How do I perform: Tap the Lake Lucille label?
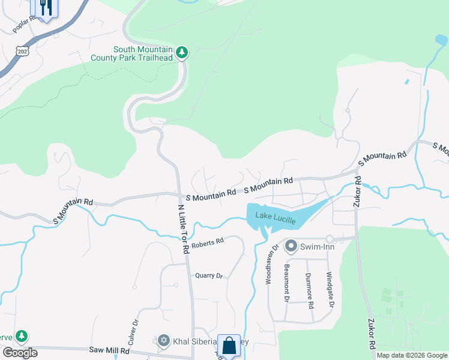[276, 218]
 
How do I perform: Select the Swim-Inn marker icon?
[291, 246]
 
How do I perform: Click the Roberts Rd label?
[208, 242]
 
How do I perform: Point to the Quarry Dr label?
[209, 275]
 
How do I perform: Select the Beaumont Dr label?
[288, 283]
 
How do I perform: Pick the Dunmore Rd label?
[309, 291]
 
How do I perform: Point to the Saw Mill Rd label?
[109, 350]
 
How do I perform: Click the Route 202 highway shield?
[22, 52]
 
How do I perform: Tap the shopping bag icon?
[229, 346]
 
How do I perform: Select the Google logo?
[20, 353]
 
